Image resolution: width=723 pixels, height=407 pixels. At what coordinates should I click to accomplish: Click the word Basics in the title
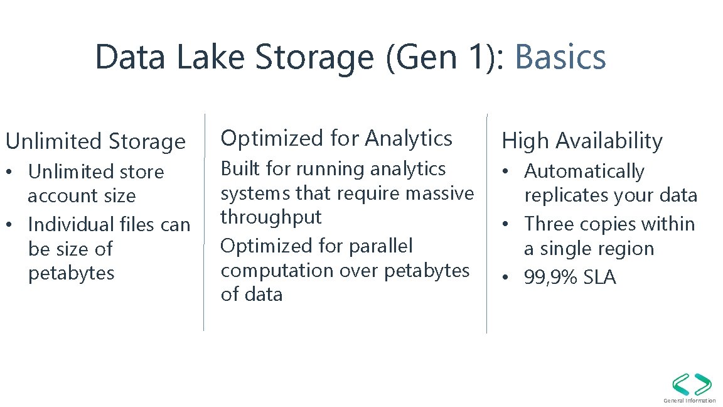point(560,57)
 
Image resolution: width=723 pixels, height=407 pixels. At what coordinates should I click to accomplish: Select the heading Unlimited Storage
point(95,141)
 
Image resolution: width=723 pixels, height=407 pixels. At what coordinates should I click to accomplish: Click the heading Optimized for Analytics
point(336,138)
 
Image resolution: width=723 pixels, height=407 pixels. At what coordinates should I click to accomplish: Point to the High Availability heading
point(582,141)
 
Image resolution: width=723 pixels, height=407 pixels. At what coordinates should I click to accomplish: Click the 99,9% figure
point(551,277)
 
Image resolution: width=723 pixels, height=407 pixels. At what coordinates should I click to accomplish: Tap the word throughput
point(270,217)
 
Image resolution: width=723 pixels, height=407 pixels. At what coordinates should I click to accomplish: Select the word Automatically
point(584,171)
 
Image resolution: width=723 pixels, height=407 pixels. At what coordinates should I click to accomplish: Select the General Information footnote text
point(690,401)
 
